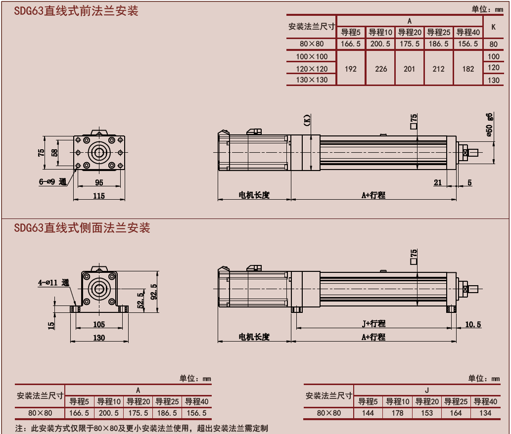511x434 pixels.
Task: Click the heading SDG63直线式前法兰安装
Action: point(76,11)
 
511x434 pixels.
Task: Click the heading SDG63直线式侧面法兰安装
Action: point(82,228)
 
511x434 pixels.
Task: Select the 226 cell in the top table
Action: point(381,69)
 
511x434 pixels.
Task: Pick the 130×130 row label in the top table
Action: point(312,80)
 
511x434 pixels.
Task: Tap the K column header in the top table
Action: point(493,27)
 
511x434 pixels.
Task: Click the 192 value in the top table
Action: point(350,69)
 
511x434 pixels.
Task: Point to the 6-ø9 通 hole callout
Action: point(52,182)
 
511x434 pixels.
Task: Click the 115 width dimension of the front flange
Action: point(99,196)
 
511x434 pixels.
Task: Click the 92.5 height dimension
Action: point(153,292)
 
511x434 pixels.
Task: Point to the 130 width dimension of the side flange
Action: point(99,338)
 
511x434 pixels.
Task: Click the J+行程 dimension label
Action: point(373,324)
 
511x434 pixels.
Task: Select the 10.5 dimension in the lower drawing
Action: point(473,324)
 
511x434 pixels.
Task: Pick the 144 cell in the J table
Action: point(368,413)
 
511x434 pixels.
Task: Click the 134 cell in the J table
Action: point(485,413)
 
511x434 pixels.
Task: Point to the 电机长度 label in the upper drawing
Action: point(254,195)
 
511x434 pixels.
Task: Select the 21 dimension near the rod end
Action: point(438,182)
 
